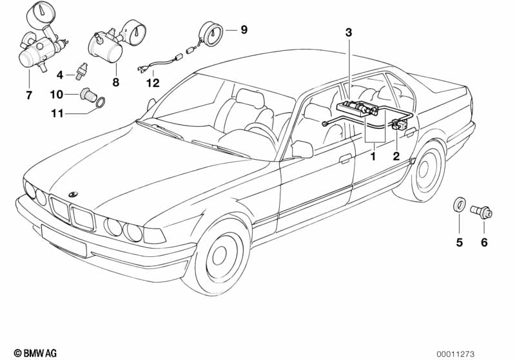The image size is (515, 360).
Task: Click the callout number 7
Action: coord(28,96)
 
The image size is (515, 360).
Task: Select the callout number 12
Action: coord(152,82)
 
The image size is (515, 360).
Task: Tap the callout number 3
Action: coord(349,32)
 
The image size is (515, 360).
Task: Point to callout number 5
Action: coord(459,243)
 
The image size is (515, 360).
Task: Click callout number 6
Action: coord(484,243)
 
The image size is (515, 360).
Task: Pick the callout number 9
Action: coord(244,30)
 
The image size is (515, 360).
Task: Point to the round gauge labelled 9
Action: coord(212,32)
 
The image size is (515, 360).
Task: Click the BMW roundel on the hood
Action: coord(72,194)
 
